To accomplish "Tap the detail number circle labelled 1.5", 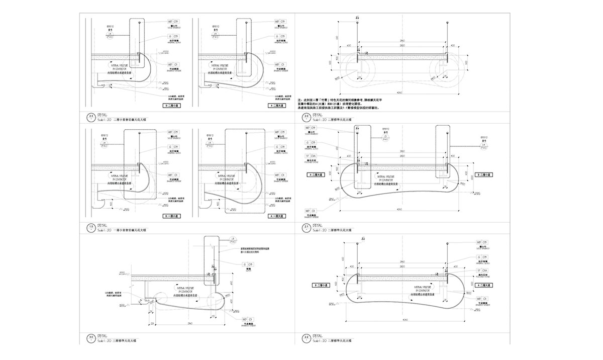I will pyautogui.click(x=91, y=227).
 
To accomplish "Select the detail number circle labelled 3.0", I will pyautogui.click(x=91, y=337).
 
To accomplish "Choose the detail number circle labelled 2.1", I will pyautogui.click(x=306, y=227).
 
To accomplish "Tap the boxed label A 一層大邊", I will pyautogui.click(x=277, y=216).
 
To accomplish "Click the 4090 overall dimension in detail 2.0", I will pyautogui.click(x=400, y=93).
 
